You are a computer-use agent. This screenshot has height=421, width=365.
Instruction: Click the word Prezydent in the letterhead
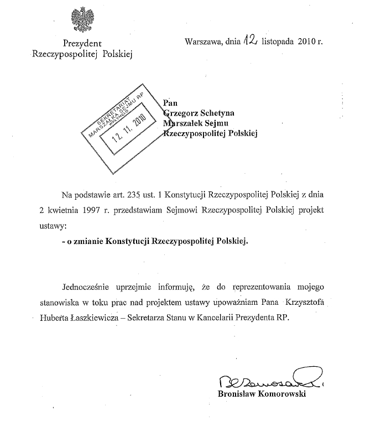[x=82, y=43]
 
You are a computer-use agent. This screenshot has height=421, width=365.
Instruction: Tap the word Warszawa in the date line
[x=202, y=41]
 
